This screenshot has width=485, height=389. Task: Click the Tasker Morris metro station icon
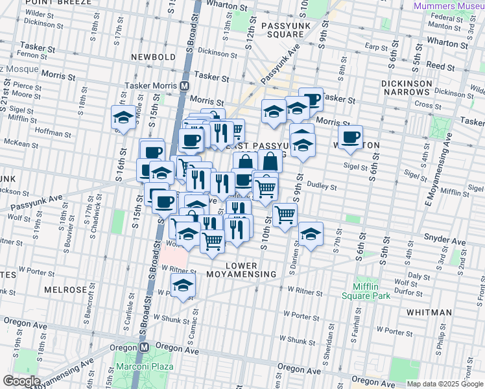[x=185, y=86]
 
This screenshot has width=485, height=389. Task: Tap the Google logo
[x=21, y=381]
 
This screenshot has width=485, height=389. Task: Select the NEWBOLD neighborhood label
[x=152, y=57]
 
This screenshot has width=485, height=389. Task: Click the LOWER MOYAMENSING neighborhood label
[x=250, y=270]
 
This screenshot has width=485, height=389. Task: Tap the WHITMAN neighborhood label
[x=429, y=312]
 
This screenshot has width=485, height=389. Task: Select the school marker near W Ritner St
[x=183, y=285]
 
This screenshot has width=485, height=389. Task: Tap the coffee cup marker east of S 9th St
[x=350, y=137]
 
